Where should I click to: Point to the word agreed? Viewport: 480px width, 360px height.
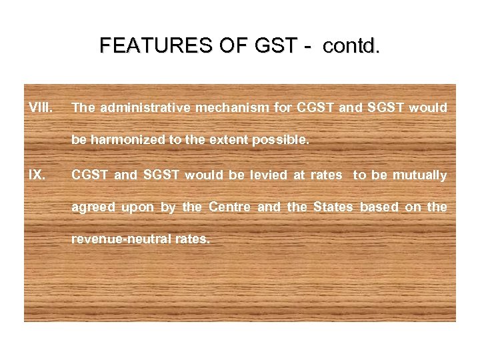(93, 207)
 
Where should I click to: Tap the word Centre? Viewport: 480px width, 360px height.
(230, 207)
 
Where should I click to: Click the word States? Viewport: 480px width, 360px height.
(331, 207)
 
